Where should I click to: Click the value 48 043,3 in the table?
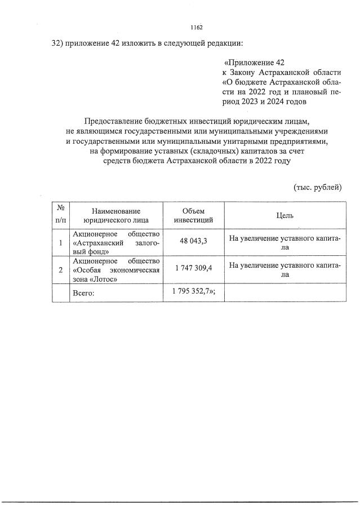pos(193,241)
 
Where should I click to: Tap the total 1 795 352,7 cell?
pos(195,291)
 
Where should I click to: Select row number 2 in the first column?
pos(60,270)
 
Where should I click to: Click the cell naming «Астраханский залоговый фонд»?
pos(117,243)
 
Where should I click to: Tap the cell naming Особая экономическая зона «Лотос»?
pos(117,270)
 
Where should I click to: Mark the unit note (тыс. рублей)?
pos(317,187)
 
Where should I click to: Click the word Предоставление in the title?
pos(113,121)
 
